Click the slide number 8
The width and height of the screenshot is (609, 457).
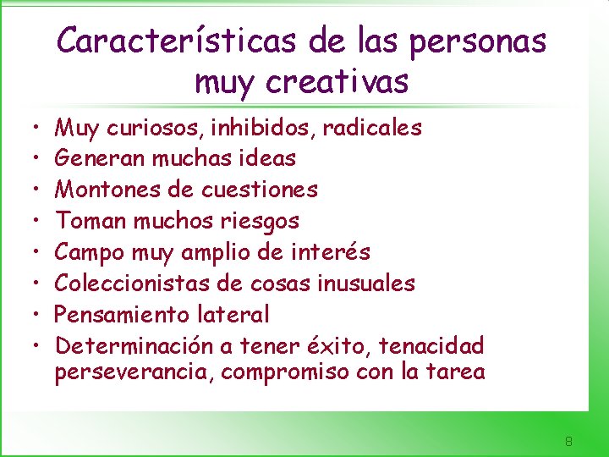569,441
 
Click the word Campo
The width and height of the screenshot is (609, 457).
89,252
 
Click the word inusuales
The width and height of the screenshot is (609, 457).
365,283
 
